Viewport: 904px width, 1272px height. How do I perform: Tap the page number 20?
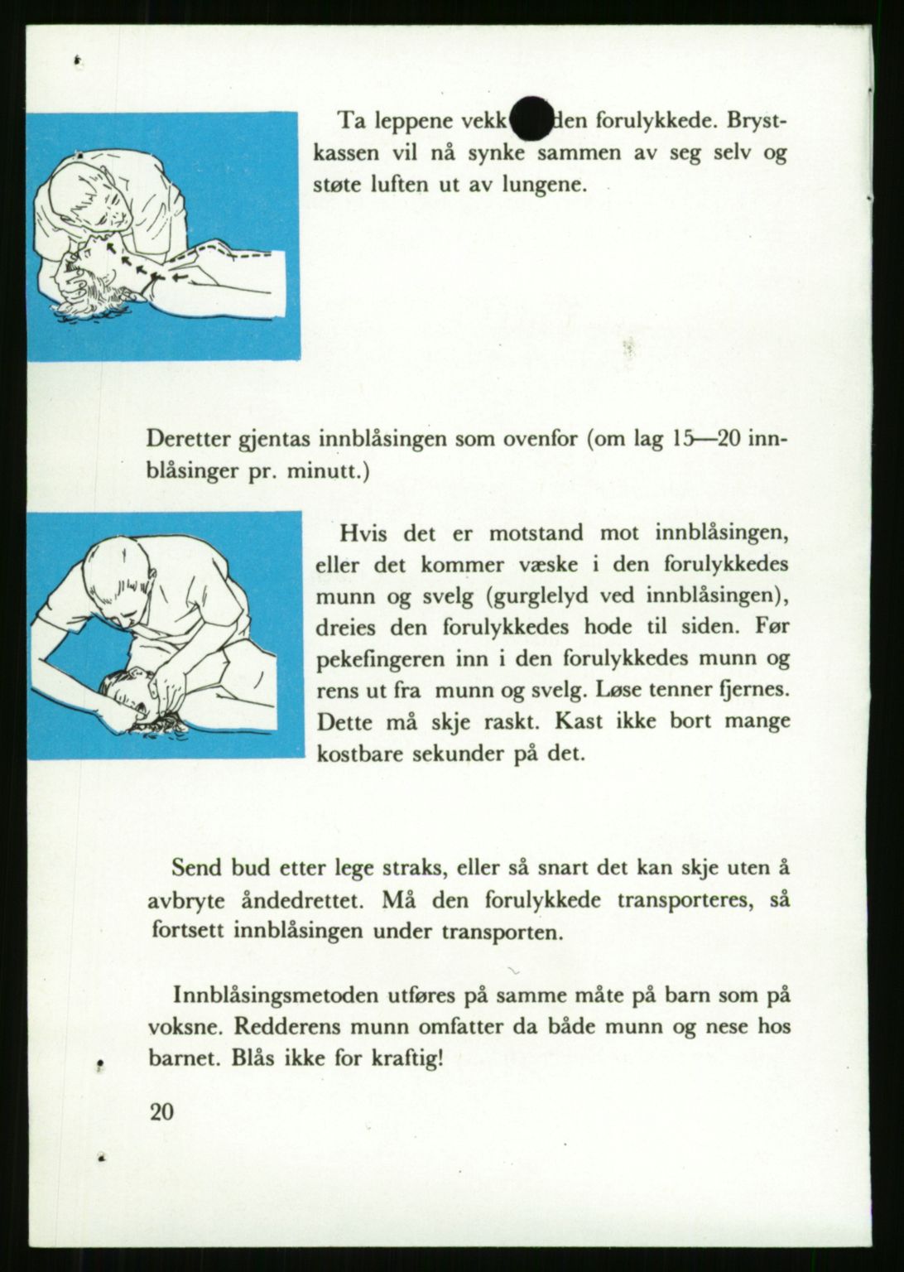tap(163, 1111)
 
